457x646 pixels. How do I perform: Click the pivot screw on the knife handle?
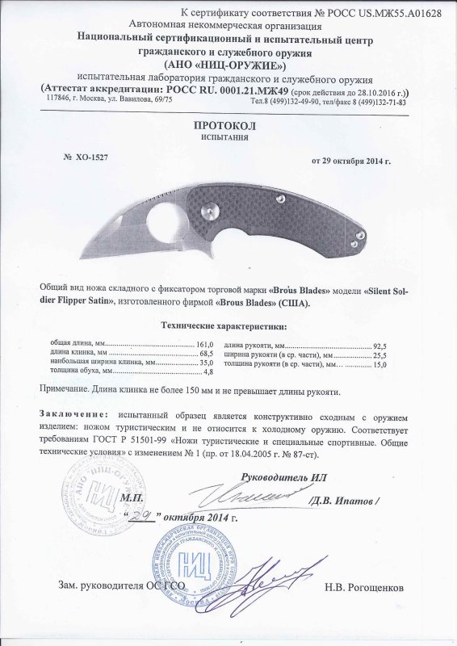[x=208, y=210]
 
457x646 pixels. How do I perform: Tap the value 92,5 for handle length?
[x=380, y=344]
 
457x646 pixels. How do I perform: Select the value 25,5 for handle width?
[x=380, y=354]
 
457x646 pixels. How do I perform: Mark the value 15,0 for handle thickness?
[x=380, y=363]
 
